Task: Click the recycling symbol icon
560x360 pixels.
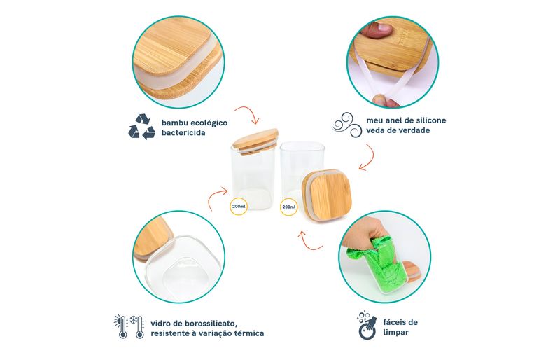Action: (141, 127)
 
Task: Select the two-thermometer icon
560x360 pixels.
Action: (129, 327)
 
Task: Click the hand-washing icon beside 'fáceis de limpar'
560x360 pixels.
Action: (367, 325)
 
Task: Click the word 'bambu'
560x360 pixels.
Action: (174, 123)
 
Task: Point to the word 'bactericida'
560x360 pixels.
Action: (183, 133)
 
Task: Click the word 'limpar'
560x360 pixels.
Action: (395, 333)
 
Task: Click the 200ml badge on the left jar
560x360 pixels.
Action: (239, 207)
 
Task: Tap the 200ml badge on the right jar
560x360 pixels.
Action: (289, 207)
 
